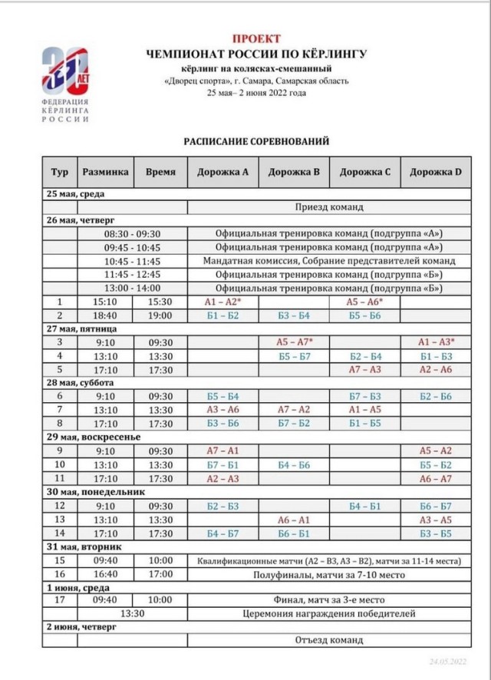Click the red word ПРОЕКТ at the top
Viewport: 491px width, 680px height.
(256, 38)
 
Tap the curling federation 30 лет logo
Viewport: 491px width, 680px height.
(65, 84)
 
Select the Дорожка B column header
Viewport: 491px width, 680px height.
(294, 172)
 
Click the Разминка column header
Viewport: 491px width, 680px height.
(106, 172)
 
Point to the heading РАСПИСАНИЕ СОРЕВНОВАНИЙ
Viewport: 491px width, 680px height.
(256, 141)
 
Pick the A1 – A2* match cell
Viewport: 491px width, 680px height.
(222, 302)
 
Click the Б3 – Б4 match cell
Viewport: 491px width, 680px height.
(294, 315)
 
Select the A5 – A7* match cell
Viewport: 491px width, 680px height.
(294, 342)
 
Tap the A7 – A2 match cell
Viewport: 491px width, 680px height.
(294, 409)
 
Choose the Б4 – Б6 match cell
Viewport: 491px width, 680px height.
(294, 464)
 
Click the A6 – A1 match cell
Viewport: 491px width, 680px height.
(294, 520)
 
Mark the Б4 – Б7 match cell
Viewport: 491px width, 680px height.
(222, 533)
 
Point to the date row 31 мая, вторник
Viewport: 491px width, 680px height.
(81, 546)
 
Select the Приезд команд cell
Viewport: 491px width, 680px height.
(329, 207)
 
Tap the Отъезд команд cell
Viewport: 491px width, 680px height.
(329, 640)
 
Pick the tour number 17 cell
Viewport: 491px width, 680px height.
(61, 600)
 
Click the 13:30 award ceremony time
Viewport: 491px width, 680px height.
(132, 614)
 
